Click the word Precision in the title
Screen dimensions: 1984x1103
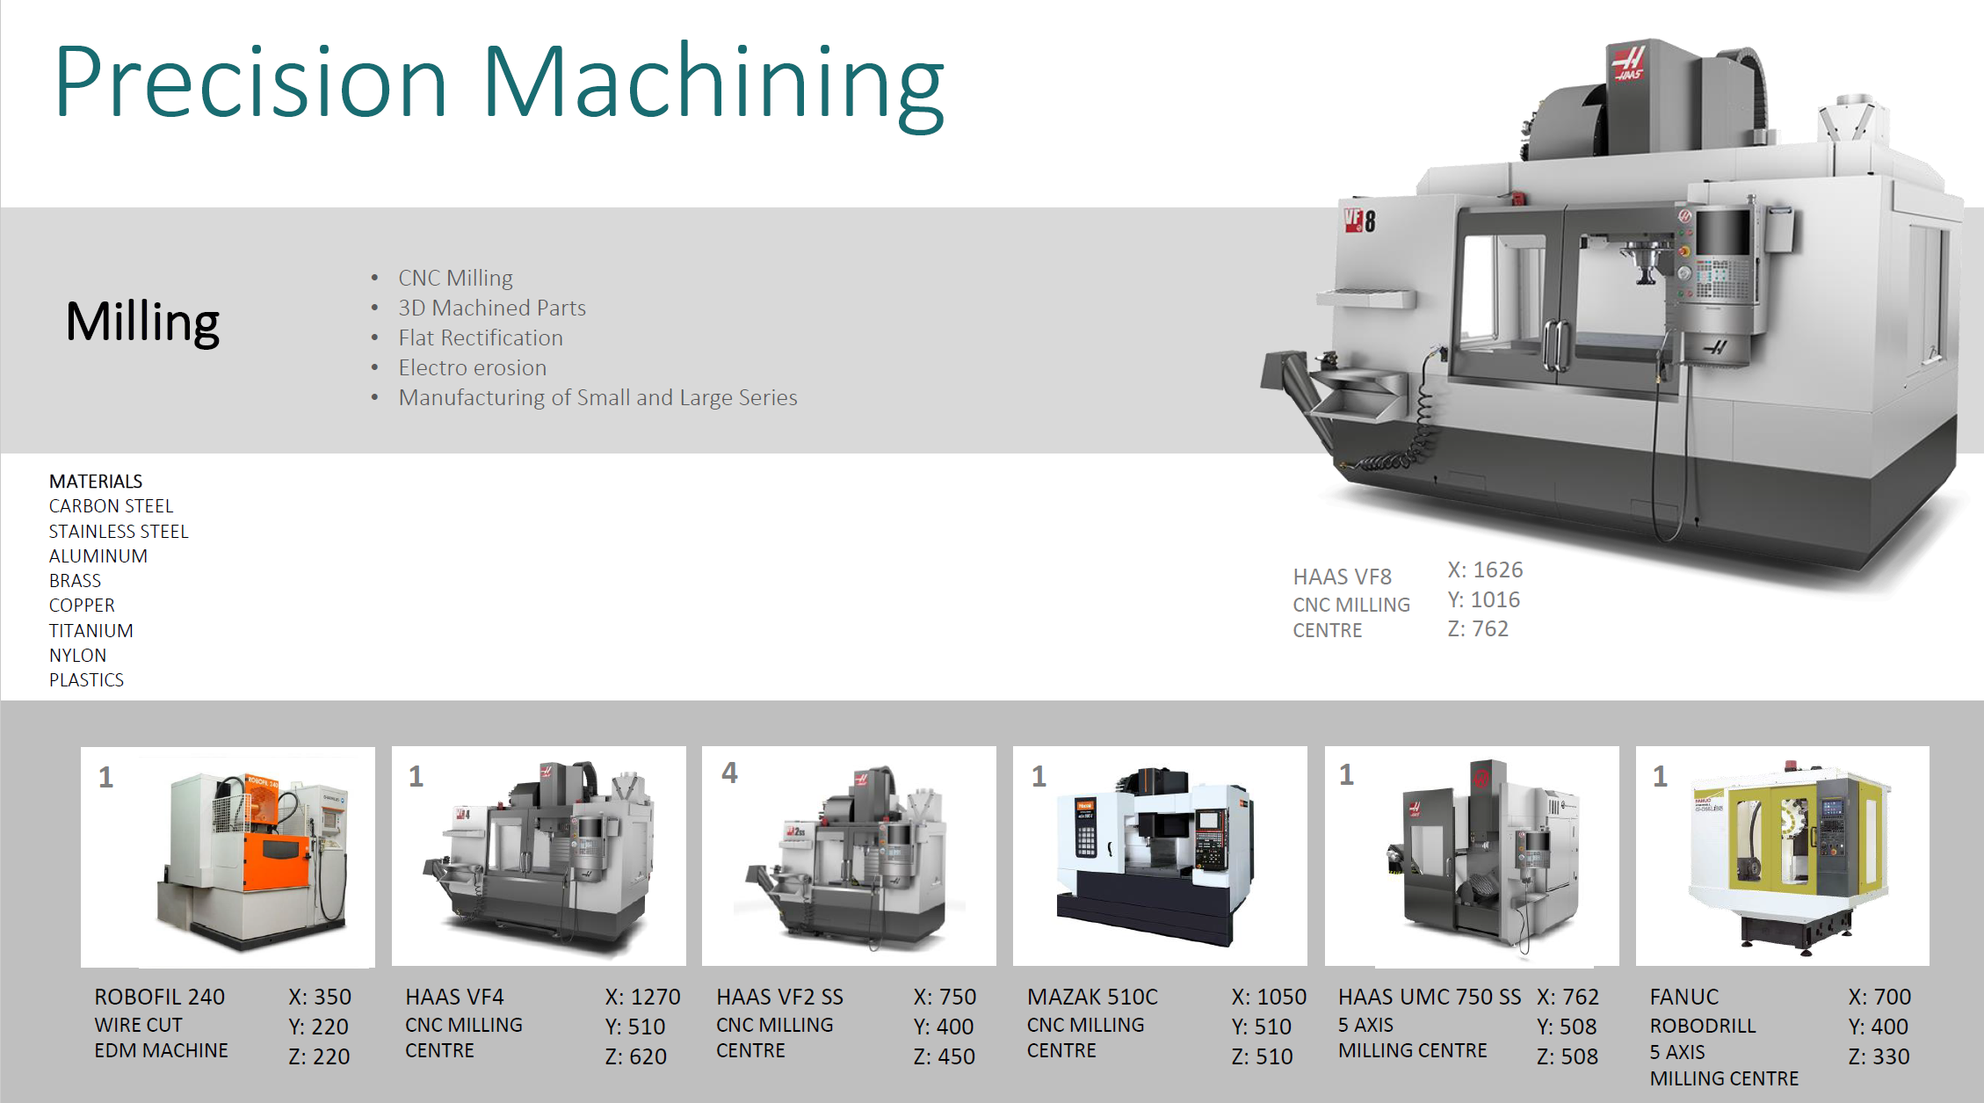pos(251,81)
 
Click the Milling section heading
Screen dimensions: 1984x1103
pos(142,323)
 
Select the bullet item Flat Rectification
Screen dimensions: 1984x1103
pos(480,337)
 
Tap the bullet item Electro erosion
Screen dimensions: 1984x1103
pos(472,367)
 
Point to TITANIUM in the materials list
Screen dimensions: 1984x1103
pos(91,631)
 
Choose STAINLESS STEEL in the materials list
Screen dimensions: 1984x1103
pos(119,532)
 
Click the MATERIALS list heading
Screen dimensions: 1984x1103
pos(96,482)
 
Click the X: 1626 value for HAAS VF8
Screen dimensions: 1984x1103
pos(1485,570)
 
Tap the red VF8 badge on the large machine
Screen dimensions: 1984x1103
pos(1359,220)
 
